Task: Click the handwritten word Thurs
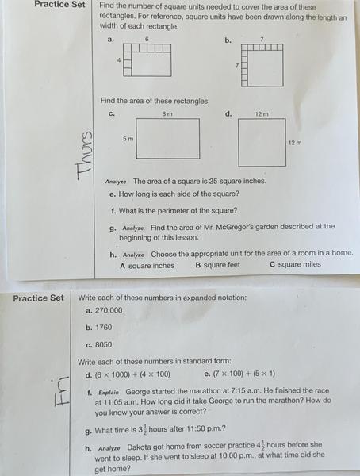86,155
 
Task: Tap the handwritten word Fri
69,397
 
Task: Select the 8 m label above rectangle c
167,114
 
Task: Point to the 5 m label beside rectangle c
127,139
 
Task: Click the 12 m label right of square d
294,143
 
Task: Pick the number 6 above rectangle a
147,38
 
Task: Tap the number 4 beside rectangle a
119,60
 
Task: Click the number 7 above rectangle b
261,38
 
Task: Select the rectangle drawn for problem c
167,140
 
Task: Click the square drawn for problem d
261,143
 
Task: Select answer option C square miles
295,265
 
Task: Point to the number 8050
103,345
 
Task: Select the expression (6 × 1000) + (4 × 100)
132,374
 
